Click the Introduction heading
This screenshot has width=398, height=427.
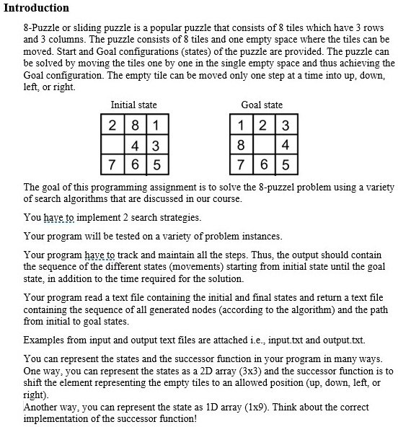coord(36,8)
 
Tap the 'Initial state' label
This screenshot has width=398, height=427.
coord(133,105)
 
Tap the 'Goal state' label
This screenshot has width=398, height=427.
coord(262,105)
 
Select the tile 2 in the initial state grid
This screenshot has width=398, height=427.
coord(113,124)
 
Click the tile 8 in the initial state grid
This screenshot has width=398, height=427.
coord(135,124)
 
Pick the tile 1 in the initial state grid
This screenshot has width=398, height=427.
coord(156,124)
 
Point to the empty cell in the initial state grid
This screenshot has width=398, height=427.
coord(113,144)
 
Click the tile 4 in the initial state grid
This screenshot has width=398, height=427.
coord(135,144)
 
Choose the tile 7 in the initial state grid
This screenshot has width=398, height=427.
coord(113,163)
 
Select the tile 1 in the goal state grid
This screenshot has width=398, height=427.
coord(241,124)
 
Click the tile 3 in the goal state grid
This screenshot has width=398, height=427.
coord(285,124)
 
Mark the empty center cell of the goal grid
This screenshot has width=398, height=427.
coord(263,144)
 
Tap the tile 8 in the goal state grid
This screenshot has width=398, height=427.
coord(241,144)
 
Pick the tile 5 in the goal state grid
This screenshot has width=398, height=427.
coord(285,163)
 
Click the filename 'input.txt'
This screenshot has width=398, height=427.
coord(288,340)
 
